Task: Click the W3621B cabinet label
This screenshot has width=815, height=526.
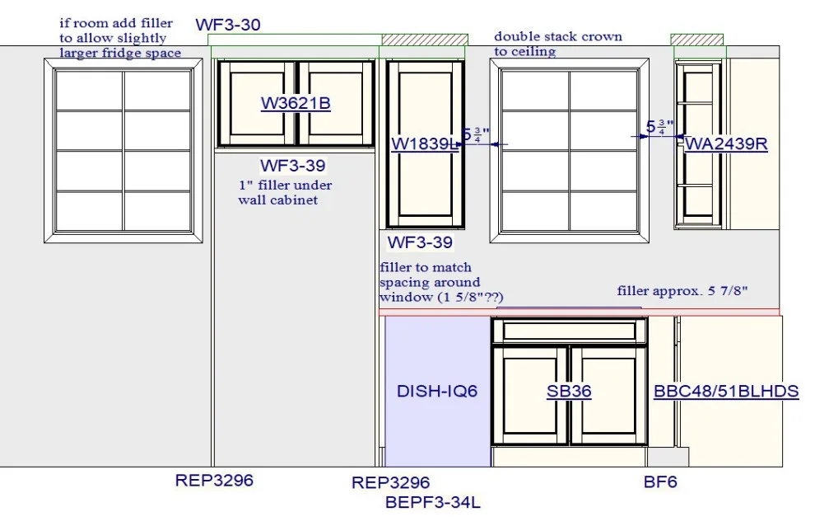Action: click(296, 103)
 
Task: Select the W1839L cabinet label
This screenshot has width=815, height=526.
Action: click(424, 143)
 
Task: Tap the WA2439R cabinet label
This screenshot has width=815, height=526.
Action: click(726, 143)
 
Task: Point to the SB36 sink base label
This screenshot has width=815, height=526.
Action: click(569, 391)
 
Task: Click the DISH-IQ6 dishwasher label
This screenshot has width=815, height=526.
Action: click(436, 391)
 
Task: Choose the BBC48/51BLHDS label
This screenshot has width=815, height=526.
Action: click(726, 391)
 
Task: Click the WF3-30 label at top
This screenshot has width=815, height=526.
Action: click(228, 25)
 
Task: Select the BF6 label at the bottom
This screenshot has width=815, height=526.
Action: click(660, 481)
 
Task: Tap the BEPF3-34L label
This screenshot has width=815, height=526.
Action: click(432, 502)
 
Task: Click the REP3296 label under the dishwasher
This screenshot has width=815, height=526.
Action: click(390, 482)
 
